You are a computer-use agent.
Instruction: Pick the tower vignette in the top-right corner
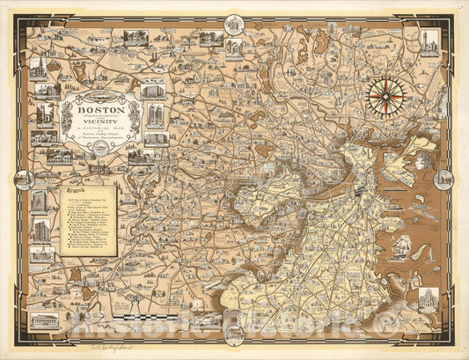click(x=429, y=42)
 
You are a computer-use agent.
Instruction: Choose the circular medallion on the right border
click(x=444, y=179)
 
